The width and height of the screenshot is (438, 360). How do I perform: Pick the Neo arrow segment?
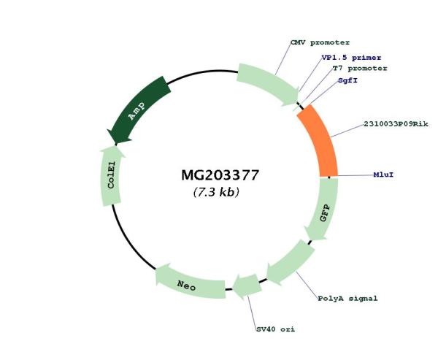[x=190, y=283]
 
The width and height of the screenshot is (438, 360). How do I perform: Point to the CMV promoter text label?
[x=320, y=43]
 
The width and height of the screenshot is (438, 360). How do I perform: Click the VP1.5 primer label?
[x=351, y=58]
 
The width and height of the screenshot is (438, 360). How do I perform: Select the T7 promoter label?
[x=360, y=69]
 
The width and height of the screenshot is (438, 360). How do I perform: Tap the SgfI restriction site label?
[x=347, y=80]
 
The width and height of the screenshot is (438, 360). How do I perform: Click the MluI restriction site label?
[x=383, y=175]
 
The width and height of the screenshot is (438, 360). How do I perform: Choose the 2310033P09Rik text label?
[x=396, y=124]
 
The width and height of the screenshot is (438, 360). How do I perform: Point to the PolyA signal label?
[x=347, y=299]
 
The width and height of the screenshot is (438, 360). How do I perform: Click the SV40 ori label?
[x=276, y=329]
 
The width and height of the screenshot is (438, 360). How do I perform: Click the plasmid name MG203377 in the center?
[x=220, y=175]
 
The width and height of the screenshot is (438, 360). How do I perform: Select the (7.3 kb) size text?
[x=216, y=192]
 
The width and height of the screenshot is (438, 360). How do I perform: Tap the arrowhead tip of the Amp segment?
[x=115, y=145]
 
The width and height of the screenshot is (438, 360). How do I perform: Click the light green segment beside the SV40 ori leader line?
[x=247, y=286]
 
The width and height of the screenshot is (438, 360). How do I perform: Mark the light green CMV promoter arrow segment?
[x=268, y=84]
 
